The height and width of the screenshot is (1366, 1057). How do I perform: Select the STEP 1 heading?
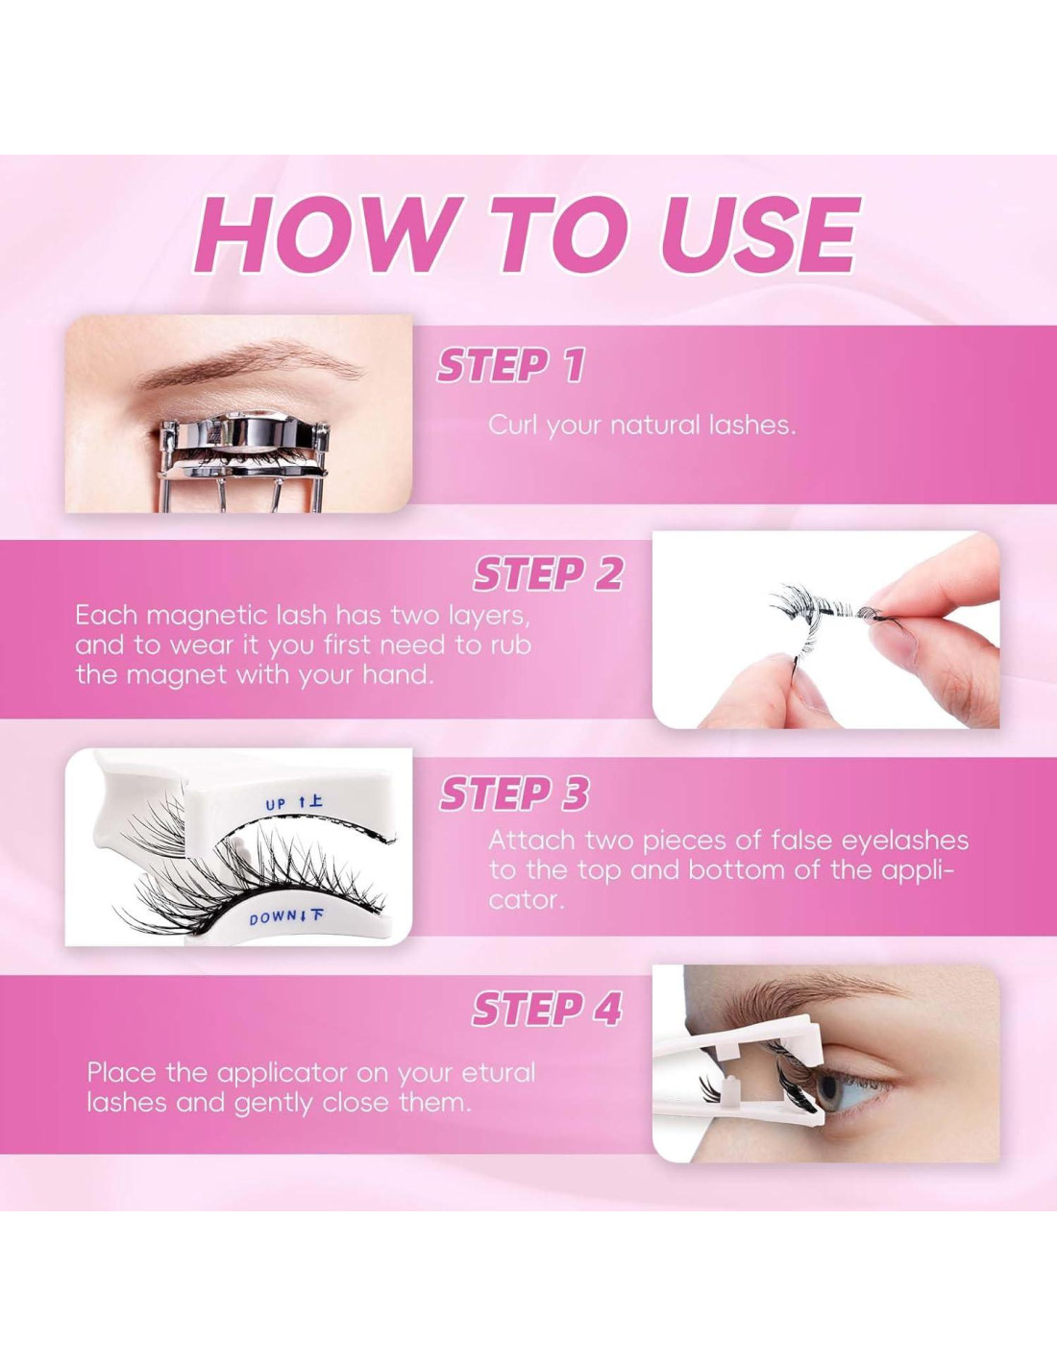pyautogui.click(x=510, y=366)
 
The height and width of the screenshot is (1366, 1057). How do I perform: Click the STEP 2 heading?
pyautogui.click(x=548, y=573)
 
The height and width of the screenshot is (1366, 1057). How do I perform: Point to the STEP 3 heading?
pyautogui.click(x=514, y=793)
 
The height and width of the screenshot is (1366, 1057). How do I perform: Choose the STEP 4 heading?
pyautogui.click(x=547, y=1010)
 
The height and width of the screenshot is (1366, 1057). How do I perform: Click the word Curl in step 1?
pyautogui.click(x=513, y=426)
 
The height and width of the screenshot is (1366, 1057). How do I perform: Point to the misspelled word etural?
pyautogui.click(x=498, y=1072)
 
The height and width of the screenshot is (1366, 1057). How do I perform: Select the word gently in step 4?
pyautogui.click(x=275, y=1105)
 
